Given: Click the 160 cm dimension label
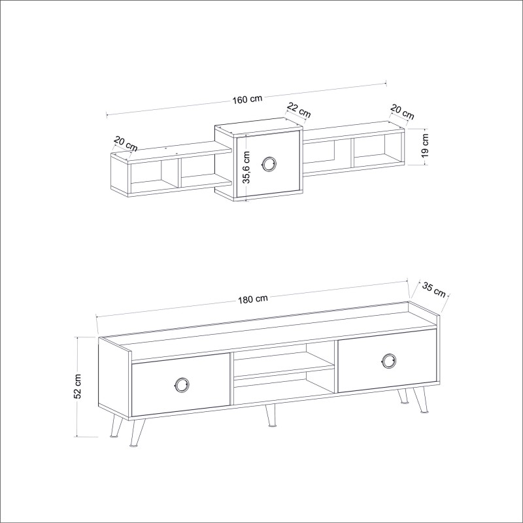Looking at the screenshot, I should pyautogui.click(x=247, y=99).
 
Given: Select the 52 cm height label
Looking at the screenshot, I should pyautogui.click(x=77, y=386).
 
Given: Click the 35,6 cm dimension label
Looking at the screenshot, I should pyautogui.click(x=246, y=169).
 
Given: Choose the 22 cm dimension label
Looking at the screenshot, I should pyautogui.click(x=297, y=110).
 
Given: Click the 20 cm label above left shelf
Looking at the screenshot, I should pyautogui.click(x=126, y=143).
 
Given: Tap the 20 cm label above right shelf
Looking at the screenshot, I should pyautogui.click(x=402, y=112).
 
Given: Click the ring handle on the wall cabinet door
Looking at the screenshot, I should pyautogui.click(x=268, y=164).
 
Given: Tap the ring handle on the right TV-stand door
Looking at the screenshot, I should pyautogui.click(x=389, y=360).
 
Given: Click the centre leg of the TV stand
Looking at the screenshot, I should pyautogui.click(x=270, y=416).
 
